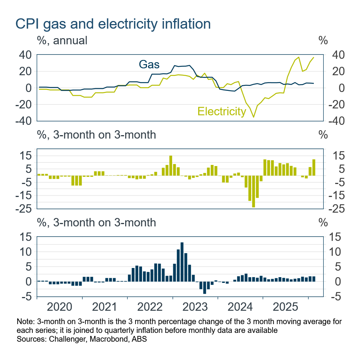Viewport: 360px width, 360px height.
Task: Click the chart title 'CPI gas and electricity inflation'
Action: click(x=113, y=23)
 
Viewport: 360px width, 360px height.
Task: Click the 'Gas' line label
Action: click(x=149, y=64)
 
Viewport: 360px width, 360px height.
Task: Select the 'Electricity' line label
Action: click(x=221, y=111)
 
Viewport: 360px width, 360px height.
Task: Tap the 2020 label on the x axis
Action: click(x=60, y=307)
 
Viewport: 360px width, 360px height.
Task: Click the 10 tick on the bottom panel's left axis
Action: click(x=26, y=252)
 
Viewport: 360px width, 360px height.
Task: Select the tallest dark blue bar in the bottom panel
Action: click(x=182, y=262)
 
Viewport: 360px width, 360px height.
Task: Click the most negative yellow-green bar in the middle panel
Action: click(x=253, y=191)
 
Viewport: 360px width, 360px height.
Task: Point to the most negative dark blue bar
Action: click(x=205, y=287)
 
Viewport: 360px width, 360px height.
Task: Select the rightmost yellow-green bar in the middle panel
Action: click(x=314, y=168)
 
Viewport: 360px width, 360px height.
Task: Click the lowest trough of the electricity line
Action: click(x=253, y=117)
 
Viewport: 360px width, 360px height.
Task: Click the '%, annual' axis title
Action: click(x=62, y=40)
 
